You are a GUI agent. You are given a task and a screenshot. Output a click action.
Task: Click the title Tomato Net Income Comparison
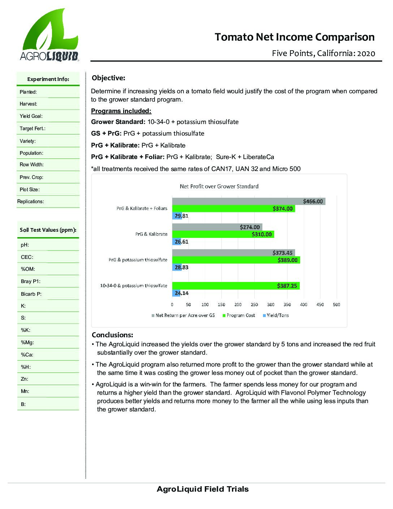[294, 37]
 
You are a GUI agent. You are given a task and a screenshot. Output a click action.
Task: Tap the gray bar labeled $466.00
[249, 201]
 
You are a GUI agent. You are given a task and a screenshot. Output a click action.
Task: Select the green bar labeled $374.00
[233, 209]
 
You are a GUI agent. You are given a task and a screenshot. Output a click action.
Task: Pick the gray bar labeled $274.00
[217, 227]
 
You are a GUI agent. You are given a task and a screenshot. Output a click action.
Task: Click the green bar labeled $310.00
[223, 234]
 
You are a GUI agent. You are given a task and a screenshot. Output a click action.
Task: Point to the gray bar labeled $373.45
[233, 253]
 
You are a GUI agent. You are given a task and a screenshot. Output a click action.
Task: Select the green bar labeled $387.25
[236, 286]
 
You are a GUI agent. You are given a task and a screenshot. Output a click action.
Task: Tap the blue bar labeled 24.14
[176, 293]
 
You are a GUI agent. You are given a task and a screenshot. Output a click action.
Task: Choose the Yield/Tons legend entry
[277, 315]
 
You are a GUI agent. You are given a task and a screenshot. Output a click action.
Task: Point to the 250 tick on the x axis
[254, 304]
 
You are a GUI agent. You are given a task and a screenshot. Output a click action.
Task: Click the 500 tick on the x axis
[336, 304]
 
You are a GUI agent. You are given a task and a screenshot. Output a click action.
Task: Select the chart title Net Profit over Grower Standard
[219, 187]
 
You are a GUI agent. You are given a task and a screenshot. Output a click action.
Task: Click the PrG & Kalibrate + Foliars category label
[142, 209]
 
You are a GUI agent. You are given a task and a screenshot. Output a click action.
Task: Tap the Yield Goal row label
[31, 116]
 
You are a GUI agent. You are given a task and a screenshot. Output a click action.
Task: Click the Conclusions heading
[112, 335]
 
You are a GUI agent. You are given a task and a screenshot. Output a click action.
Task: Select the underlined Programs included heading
[121, 111]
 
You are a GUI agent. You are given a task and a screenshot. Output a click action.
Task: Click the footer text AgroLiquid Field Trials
[203, 489]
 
